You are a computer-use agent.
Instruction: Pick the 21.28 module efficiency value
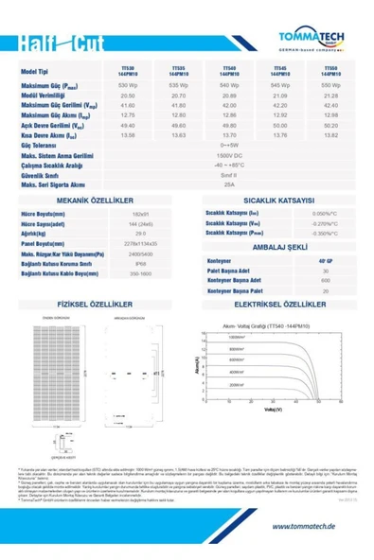[x=329, y=96]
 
